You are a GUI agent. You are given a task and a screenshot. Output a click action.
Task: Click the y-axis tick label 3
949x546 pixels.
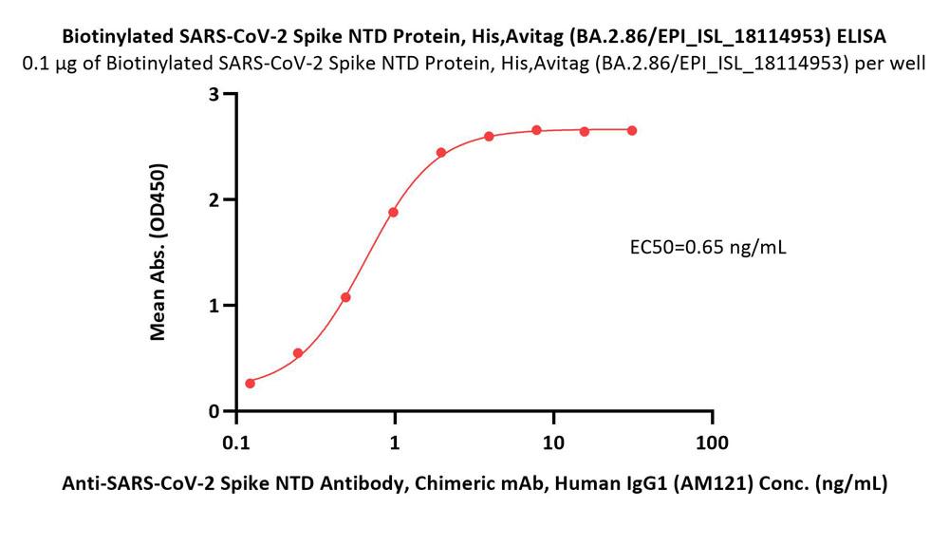(215, 95)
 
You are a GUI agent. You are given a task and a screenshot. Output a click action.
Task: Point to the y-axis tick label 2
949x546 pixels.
(215, 200)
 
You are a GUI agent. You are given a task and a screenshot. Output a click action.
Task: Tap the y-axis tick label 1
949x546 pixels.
(215, 306)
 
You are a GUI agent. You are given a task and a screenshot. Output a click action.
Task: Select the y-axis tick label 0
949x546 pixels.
(215, 411)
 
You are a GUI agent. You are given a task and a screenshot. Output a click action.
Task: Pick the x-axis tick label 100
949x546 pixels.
(712, 442)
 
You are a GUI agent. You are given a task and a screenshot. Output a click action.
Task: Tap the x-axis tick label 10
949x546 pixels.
(553, 442)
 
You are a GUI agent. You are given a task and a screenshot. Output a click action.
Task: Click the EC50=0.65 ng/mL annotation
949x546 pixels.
(708, 249)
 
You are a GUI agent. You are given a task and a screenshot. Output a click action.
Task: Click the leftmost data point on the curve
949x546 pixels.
(251, 384)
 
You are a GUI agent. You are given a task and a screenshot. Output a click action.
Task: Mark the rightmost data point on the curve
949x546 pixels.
(632, 130)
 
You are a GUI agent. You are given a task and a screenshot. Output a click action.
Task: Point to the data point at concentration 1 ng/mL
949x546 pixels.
(393, 212)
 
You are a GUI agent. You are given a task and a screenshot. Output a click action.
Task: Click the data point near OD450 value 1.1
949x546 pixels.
(345, 297)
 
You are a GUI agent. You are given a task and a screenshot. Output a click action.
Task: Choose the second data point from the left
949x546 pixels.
(298, 353)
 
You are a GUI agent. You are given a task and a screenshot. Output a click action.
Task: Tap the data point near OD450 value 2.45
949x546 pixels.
(441, 152)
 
